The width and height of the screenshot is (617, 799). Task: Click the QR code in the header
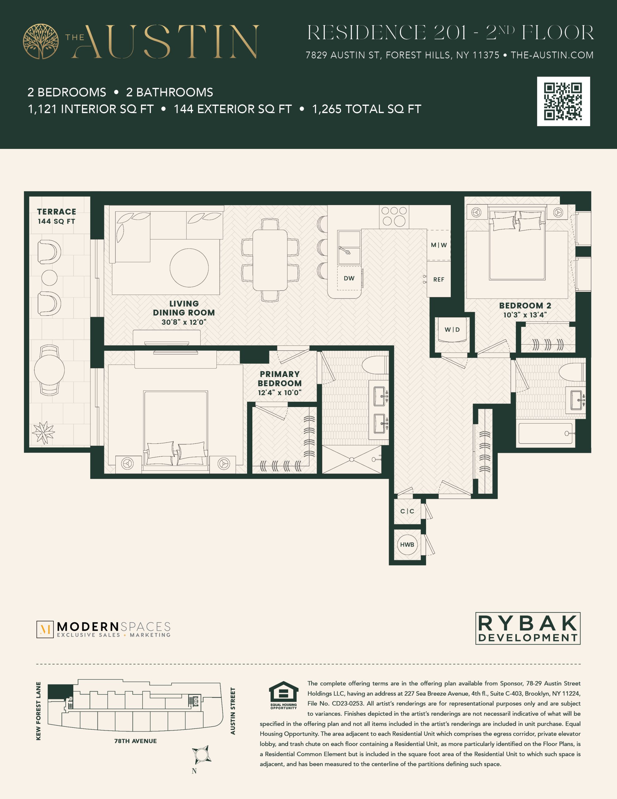pos(563,101)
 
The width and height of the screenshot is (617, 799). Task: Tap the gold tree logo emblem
pos(41,41)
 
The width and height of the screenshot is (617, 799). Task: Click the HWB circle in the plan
pos(407,545)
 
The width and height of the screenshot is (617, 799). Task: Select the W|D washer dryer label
pos(452,330)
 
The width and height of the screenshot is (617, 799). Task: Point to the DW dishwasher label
pos(349,278)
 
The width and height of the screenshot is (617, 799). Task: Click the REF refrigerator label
pos(439,280)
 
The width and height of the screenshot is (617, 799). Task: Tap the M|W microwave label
pos(439,245)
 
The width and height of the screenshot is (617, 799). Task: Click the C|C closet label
pos(407,511)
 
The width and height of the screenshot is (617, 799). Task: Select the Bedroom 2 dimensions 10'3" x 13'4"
pos(525,315)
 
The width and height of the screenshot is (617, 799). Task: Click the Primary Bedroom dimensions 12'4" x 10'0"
pos(279,393)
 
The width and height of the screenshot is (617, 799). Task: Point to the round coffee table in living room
pos(189,268)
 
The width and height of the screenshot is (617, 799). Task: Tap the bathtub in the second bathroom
pos(545,434)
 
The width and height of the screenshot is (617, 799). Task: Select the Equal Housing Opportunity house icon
pos(284,692)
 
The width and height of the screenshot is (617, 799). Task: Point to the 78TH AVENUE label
pos(135,741)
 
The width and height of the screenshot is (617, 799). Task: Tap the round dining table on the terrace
pos(49,370)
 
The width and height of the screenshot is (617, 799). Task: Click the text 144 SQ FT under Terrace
pos(56,221)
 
